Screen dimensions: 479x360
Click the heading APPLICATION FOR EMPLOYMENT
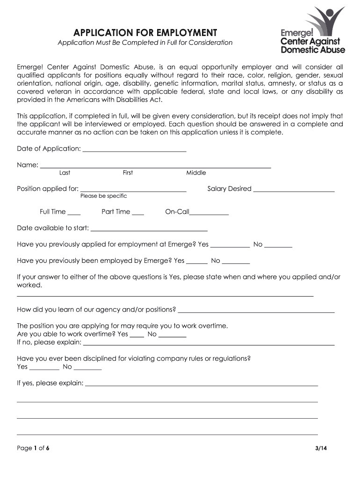click(x=145, y=33)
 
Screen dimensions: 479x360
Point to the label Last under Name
click(x=65, y=173)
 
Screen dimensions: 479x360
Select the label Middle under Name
click(x=196, y=173)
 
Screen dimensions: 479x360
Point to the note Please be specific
click(x=103, y=196)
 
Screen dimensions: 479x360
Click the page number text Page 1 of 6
click(x=33, y=448)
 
